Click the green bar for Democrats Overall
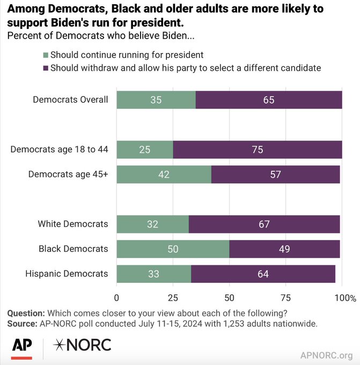point(156,100)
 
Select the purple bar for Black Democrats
point(284,249)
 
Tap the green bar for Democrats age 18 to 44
point(145,149)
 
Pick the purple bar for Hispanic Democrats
point(263,274)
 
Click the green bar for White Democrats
point(152,224)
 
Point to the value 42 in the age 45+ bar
point(164,174)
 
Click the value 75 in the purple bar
point(258,149)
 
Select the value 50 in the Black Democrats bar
point(173,249)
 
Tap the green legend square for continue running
point(45,55)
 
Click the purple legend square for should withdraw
point(45,68)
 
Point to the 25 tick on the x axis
point(173,297)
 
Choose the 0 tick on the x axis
point(117,297)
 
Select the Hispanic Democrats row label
point(67,274)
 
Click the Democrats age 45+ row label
point(68,174)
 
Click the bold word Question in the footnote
point(25,313)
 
